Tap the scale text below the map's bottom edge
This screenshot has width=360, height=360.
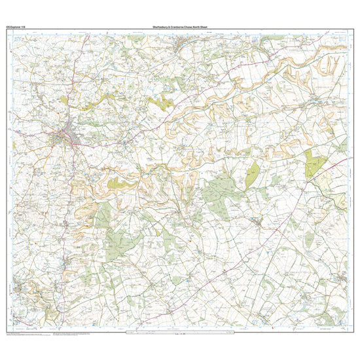[180, 334]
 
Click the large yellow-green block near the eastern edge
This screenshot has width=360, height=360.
[315, 163]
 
